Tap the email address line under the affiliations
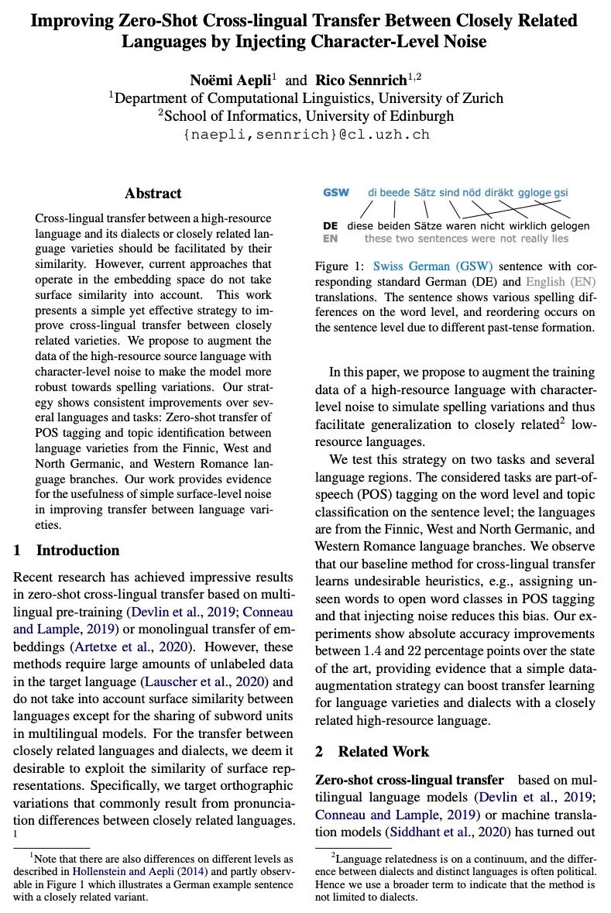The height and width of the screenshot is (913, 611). pos(305,134)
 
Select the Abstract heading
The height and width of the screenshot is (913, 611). pos(153,194)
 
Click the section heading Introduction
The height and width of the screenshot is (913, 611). pos(77,551)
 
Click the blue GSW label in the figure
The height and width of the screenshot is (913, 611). pos(336,192)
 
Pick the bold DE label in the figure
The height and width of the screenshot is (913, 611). pos(330,226)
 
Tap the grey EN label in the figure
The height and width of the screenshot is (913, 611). pos(330,239)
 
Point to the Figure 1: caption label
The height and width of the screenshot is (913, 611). pos(342,266)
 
